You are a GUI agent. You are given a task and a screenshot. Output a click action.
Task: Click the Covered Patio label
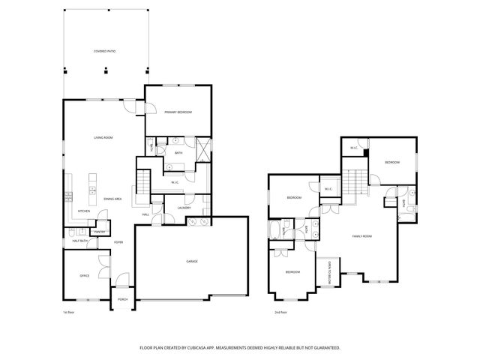[x=104, y=52]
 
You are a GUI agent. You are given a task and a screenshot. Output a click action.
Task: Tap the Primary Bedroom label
[x=178, y=112]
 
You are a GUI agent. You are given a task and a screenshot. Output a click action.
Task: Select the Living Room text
[x=103, y=138]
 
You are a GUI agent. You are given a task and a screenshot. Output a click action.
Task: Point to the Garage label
[x=192, y=261]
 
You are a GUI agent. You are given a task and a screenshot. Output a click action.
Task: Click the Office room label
[x=85, y=276]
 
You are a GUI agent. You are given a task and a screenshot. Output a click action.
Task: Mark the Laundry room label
[x=184, y=208]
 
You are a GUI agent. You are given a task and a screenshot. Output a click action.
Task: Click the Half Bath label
[x=80, y=241]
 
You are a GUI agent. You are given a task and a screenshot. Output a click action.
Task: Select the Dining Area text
[x=113, y=198]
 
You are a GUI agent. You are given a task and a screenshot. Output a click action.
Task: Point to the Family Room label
[x=362, y=236]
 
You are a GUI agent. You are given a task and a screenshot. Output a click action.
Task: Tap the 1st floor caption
[x=69, y=311]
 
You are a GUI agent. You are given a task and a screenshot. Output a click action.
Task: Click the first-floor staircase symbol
[x=142, y=181]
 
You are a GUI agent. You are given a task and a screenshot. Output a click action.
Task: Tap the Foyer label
[x=118, y=242]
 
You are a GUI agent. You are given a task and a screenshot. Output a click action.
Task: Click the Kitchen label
[x=84, y=211]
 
